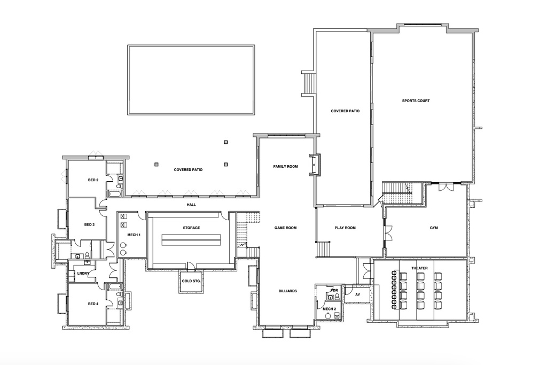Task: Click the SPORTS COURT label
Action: click(416, 101)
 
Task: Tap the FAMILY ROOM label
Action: click(285, 166)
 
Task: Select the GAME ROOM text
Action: click(285, 228)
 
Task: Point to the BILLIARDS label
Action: click(288, 291)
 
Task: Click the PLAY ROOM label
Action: click(345, 228)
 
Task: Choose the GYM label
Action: click(434, 228)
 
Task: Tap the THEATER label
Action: click(419, 268)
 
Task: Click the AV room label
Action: click(357, 294)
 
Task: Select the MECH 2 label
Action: click(329, 309)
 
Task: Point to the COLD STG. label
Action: click(191, 281)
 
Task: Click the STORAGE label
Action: click(192, 228)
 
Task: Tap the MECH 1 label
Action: click(134, 235)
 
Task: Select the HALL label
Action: click(192, 205)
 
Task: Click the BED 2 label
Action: click(93, 180)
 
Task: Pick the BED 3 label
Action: click(89, 225)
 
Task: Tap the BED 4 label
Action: click(93, 304)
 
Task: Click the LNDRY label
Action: click(83, 274)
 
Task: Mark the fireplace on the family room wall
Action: click(316, 165)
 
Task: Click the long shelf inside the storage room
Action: click(192, 240)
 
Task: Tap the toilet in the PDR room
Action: click(337, 296)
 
